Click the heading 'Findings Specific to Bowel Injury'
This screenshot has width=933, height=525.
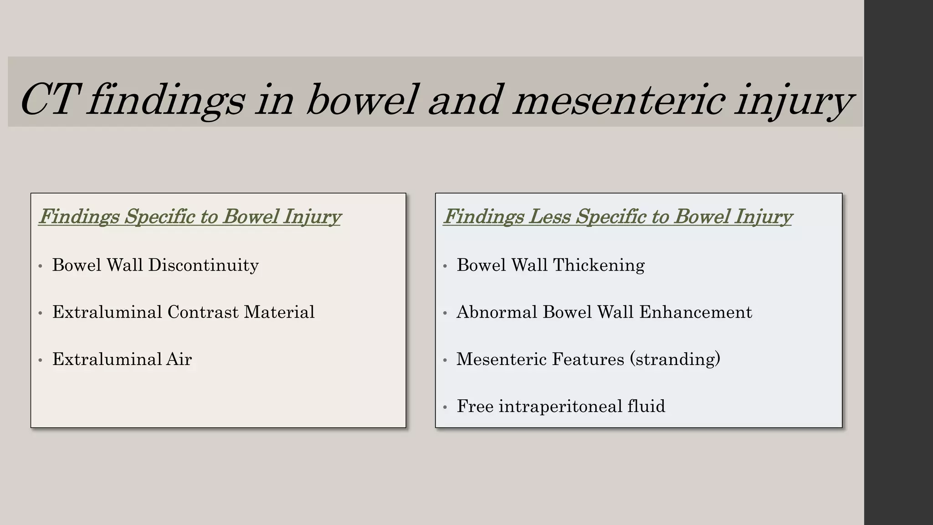(190, 216)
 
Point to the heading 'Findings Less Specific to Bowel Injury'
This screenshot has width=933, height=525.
(618, 216)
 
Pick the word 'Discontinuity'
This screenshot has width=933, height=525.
(203, 265)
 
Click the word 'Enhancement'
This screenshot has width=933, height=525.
(696, 312)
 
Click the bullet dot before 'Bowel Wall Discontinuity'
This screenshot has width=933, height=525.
(41, 266)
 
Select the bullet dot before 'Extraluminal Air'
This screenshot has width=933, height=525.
(41, 360)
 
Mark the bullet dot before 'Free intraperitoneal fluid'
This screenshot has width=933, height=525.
(445, 407)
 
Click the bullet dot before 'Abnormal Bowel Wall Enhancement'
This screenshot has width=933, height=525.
(445, 313)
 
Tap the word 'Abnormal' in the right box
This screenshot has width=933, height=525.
(497, 312)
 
